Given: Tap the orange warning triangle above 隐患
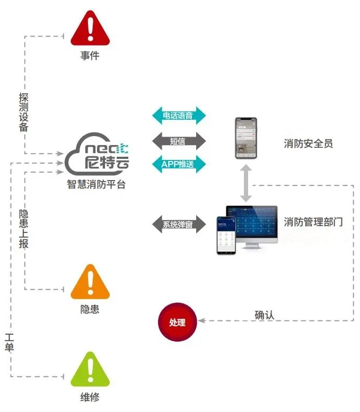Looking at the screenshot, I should [x=90, y=283].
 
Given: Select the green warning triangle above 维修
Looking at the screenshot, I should [x=90, y=370].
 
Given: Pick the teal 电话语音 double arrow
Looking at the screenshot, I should [x=178, y=115].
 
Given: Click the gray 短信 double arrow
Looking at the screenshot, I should [x=178, y=141].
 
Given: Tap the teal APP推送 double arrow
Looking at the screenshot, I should [x=178, y=164].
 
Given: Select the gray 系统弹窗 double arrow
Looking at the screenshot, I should [x=178, y=223].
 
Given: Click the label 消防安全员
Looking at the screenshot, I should [x=308, y=143].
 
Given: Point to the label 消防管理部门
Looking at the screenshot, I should [x=313, y=221].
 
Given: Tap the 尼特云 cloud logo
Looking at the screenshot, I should [x=98, y=156].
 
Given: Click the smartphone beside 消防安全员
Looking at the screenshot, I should [x=246, y=138].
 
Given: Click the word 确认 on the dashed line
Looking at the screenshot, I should [x=265, y=315].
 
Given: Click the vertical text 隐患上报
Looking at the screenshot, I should [x=23, y=228].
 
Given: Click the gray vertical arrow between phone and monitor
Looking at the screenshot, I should [x=246, y=183].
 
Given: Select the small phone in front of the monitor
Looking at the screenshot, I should [x=226, y=235].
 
